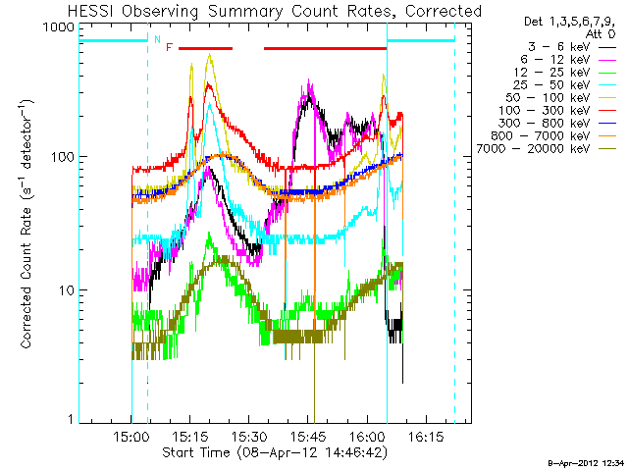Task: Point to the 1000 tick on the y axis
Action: pyautogui.click(x=57, y=27)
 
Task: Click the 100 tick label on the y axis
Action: pyautogui.click(x=61, y=157)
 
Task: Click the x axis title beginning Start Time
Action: pyautogui.click(x=275, y=452)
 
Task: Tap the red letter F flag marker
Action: pyautogui.click(x=170, y=47)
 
